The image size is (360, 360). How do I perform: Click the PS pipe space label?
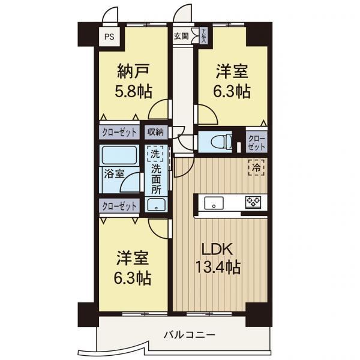[109, 37]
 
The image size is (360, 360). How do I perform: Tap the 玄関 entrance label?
[181, 36]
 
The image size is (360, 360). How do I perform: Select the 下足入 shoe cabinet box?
[203, 35]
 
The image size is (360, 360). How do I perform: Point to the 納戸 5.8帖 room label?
[133, 81]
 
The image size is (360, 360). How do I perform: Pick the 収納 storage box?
[156, 132]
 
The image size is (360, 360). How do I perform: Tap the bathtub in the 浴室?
[119, 155]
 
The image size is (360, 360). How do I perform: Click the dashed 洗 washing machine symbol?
[155, 154]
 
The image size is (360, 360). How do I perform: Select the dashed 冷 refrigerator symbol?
[256, 168]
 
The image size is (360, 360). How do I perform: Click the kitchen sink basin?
[214, 203]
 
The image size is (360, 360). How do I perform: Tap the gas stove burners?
[253, 203]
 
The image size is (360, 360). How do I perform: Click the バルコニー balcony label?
[190, 335]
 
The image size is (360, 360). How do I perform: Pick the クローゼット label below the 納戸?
[119, 133]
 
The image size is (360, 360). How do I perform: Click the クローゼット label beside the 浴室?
[119, 206]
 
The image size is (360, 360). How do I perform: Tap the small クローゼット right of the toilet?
[257, 142]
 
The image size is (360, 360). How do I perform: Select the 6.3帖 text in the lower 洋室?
[133, 278]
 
